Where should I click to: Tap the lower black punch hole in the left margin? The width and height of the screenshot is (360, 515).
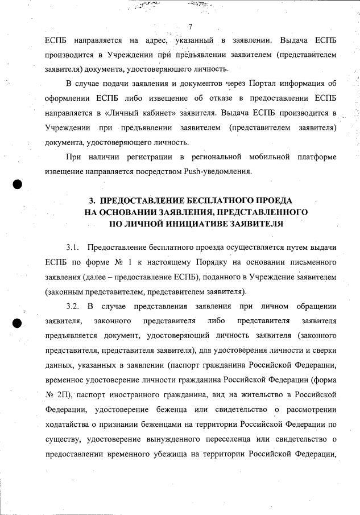17,323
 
